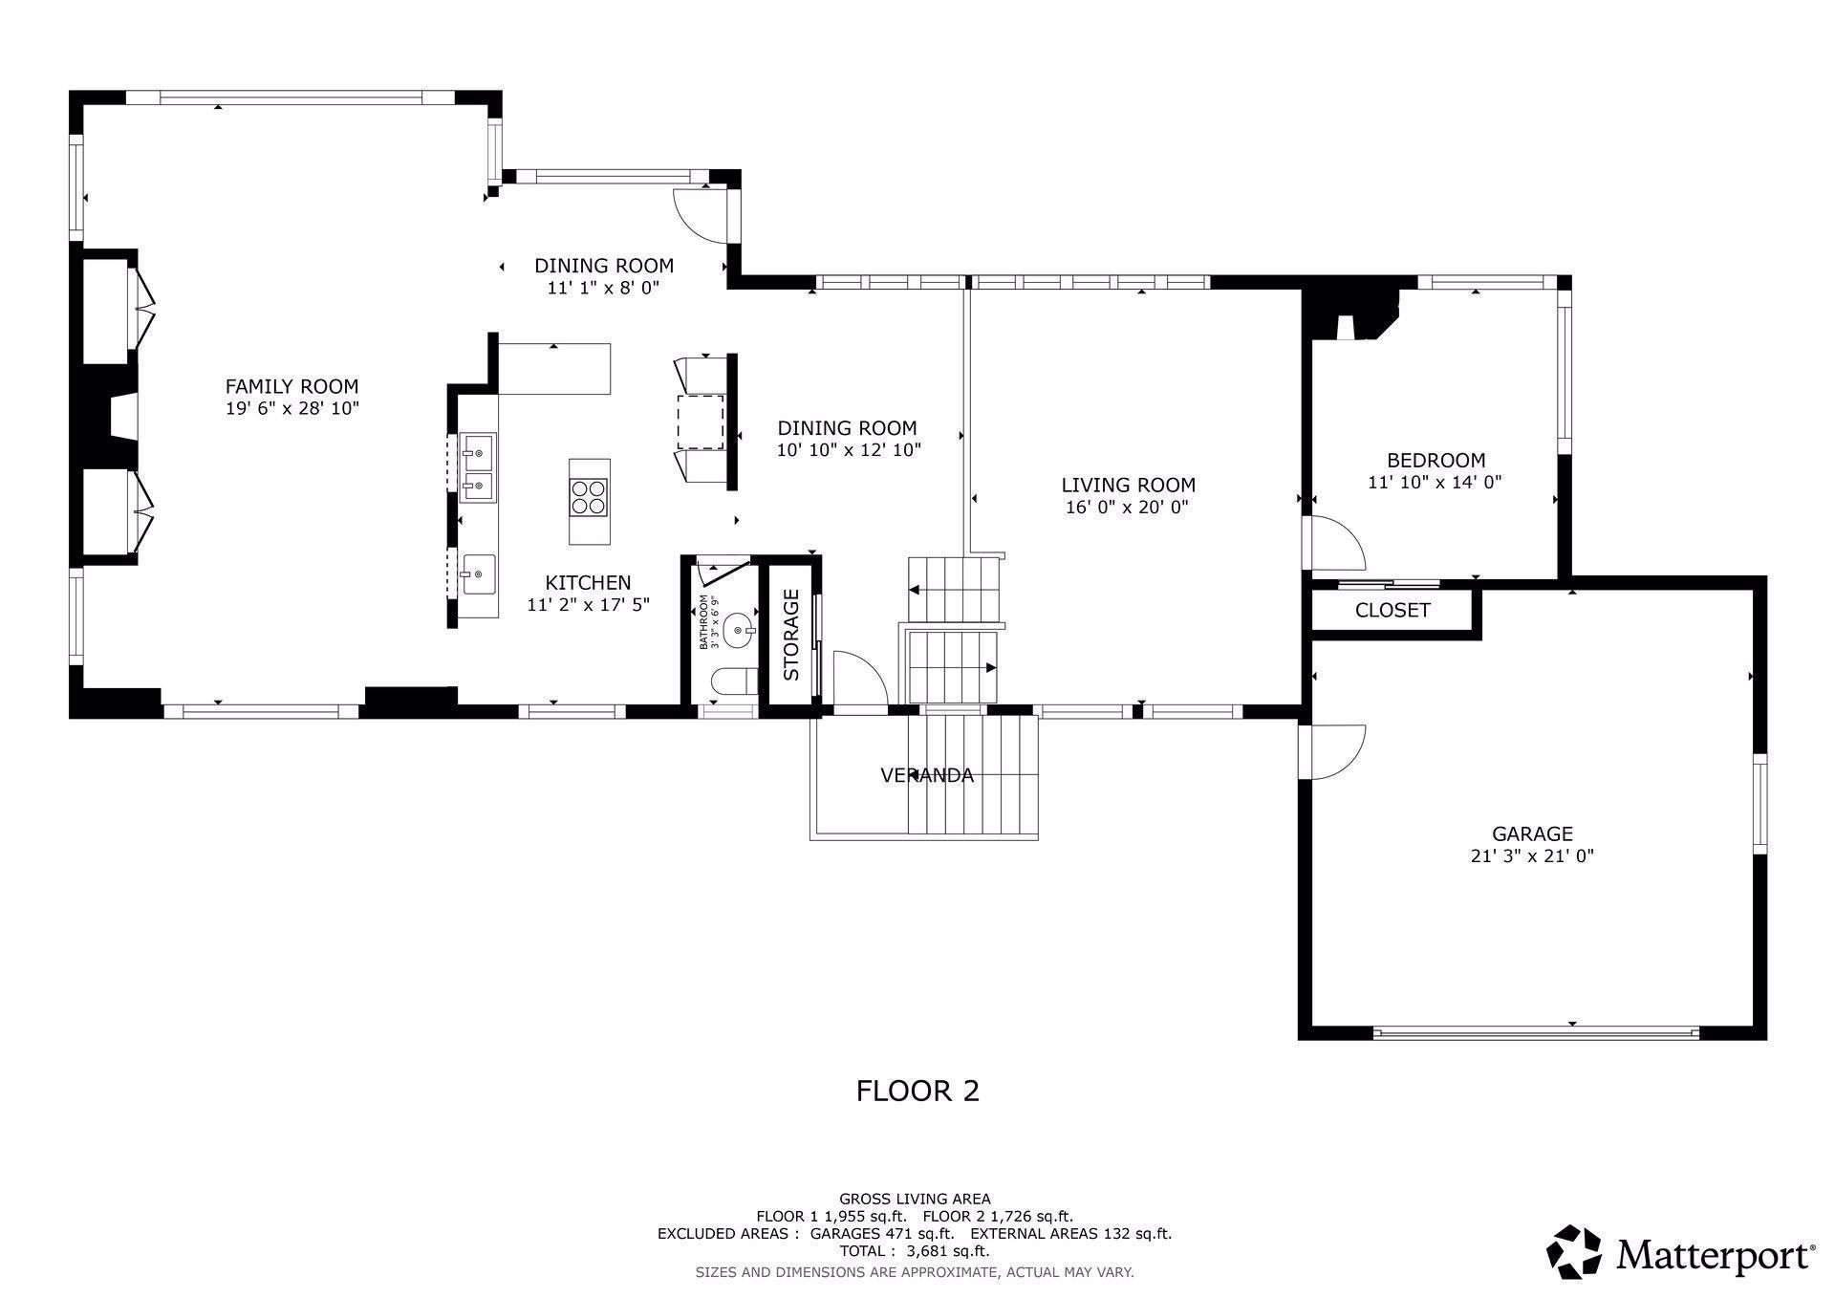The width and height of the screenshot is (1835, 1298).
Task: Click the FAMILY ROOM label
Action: click(x=291, y=386)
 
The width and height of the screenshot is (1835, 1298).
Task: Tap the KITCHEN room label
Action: click(x=588, y=583)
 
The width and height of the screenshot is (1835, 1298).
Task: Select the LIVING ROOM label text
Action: click(x=1128, y=486)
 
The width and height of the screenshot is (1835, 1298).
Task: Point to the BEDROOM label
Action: click(x=1436, y=461)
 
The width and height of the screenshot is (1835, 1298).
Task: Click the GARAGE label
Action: click(x=1532, y=834)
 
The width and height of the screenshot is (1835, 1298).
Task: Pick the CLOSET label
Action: click(x=1392, y=610)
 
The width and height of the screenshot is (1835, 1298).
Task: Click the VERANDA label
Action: click(x=927, y=775)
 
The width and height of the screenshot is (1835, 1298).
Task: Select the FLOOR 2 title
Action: click(x=917, y=1091)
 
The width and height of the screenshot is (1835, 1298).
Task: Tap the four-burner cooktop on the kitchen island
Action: click(x=590, y=498)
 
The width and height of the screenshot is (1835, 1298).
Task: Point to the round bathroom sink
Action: click(x=737, y=630)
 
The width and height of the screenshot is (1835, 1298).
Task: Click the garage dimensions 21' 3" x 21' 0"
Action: click(x=1532, y=856)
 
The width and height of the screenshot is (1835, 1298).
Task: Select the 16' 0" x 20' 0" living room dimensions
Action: click(x=1128, y=508)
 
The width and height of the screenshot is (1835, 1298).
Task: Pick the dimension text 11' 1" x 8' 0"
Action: click(x=603, y=288)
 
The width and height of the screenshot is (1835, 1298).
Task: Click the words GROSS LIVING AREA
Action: click(x=915, y=1199)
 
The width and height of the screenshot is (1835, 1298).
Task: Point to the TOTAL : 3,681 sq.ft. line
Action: click(x=915, y=1250)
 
